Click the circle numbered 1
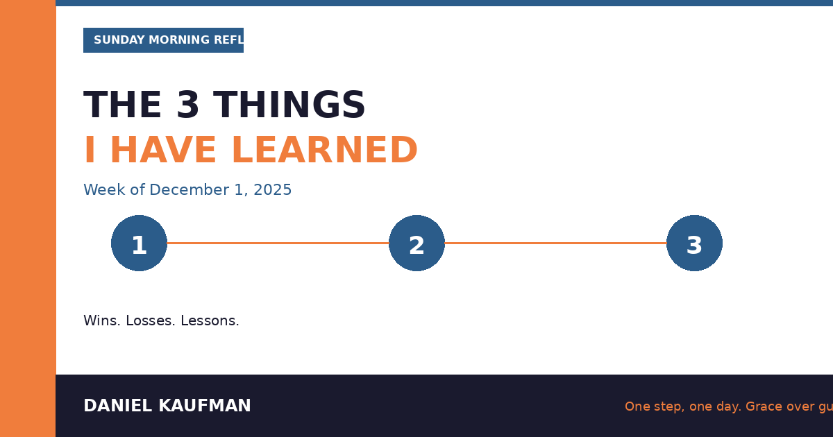coord(139,243)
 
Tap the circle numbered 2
coord(416,243)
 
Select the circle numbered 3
coord(694,243)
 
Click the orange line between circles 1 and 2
coord(278,243)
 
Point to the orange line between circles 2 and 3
coord(555,243)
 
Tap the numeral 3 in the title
coord(187,106)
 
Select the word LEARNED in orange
coord(324,151)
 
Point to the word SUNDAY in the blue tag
coord(116,40)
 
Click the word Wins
coord(102,321)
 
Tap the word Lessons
coord(210,321)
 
